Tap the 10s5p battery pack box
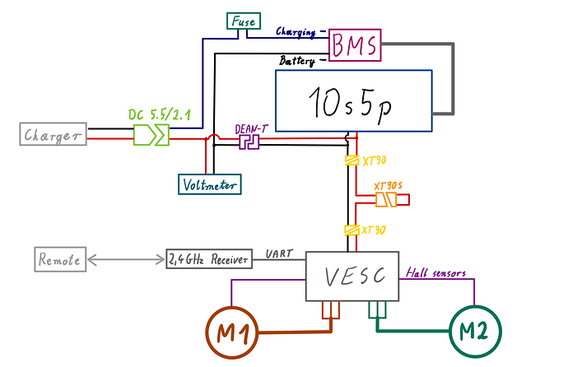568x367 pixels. pyautogui.click(x=353, y=100)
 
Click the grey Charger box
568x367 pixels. pyautogui.click(x=54, y=134)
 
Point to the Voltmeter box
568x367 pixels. pyautogui.click(x=210, y=185)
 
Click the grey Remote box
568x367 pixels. pyautogui.click(x=59, y=260)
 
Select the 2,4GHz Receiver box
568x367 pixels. pyautogui.click(x=208, y=260)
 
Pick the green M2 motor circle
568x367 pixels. pyautogui.click(x=474, y=331)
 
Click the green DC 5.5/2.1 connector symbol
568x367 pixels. pyautogui.click(x=151, y=135)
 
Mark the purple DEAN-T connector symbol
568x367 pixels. pyautogui.click(x=249, y=142)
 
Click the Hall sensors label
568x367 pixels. pyautogui.click(x=438, y=273)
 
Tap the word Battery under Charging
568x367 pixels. pyautogui.click(x=299, y=62)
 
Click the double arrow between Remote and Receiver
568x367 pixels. pyautogui.click(x=126, y=260)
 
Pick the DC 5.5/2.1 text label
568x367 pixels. pyautogui.click(x=159, y=115)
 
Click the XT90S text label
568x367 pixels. pyautogui.click(x=387, y=186)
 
